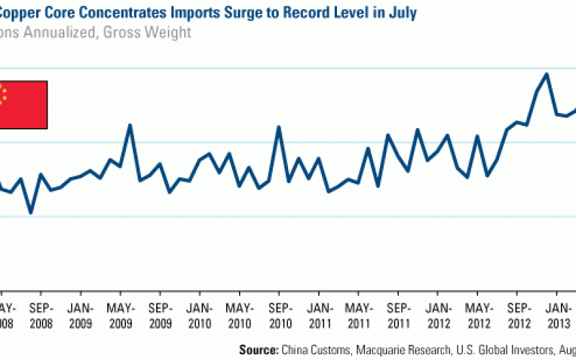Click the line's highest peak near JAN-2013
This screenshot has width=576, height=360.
[x=547, y=73]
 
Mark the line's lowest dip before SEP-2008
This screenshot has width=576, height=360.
[x=31, y=213]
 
